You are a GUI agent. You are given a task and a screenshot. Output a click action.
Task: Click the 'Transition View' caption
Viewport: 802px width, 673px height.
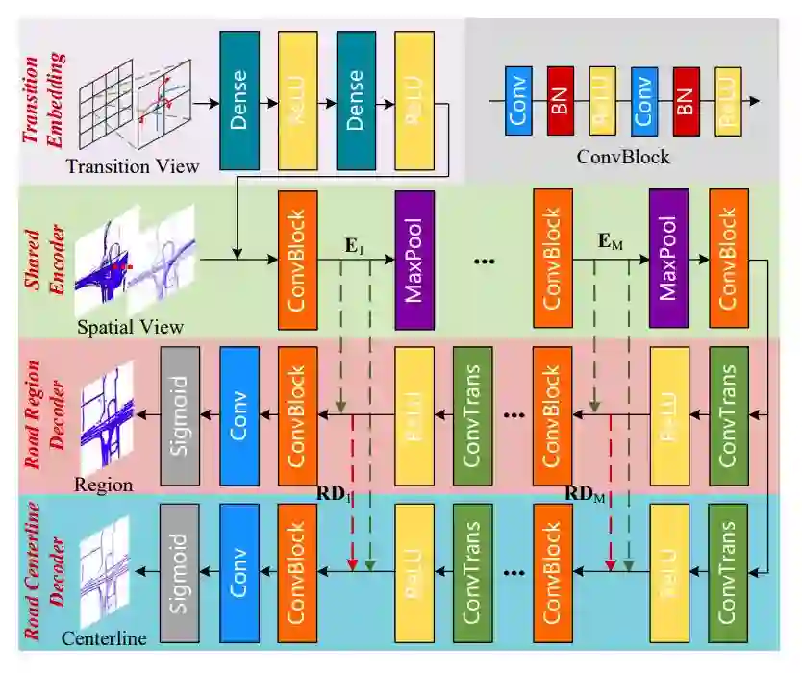133,166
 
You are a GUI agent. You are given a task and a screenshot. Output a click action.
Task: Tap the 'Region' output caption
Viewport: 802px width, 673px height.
104,485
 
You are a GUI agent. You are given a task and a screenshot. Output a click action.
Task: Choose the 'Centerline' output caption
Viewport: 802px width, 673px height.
104,637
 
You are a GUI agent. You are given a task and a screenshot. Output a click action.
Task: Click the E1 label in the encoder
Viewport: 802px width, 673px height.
355,245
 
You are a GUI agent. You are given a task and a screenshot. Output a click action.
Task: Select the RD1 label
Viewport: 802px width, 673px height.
338,494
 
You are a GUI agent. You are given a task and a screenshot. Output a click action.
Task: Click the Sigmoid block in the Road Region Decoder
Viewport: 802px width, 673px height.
179,415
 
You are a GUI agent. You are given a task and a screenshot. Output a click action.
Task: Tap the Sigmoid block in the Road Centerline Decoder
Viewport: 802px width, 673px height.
179,571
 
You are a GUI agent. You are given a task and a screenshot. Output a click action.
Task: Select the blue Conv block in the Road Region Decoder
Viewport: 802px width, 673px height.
240,415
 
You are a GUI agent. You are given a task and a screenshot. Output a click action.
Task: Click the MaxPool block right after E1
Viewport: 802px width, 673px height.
414,260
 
